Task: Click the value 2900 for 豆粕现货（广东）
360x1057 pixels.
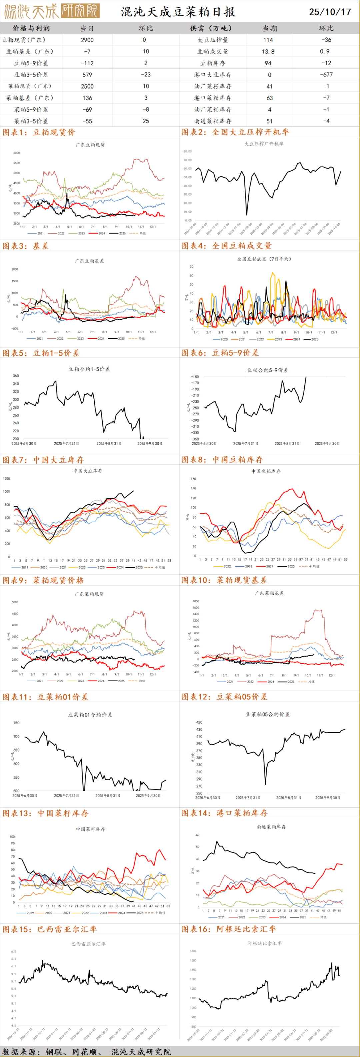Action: (x=87, y=40)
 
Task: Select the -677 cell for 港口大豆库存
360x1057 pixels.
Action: (x=327, y=75)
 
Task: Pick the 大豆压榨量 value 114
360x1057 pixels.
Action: (x=268, y=40)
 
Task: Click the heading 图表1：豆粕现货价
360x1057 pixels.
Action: (x=39, y=132)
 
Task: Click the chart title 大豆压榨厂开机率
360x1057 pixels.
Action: (x=264, y=144)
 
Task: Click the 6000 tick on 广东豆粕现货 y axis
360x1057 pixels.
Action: (x=16, y=153)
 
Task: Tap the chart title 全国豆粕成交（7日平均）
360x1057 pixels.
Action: (x=264, y=259)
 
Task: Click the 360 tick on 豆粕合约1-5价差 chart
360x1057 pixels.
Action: (x=16, y=376)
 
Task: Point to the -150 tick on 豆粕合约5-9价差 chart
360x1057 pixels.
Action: (x=195, y=377)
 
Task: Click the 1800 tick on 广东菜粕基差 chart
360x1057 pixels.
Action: (x=195, y=602)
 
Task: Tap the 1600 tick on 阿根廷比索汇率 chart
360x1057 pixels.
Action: (x=193, y=951)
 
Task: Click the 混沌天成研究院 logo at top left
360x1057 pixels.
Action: (x=51, y=11)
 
